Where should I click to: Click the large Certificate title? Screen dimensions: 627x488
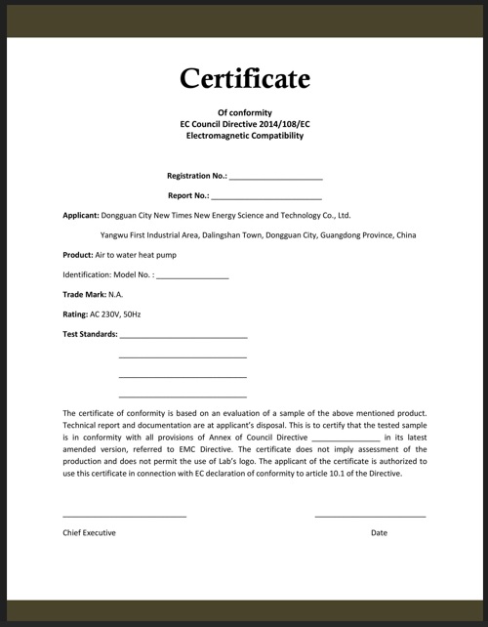(244, 77)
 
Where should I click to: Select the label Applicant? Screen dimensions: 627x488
(80, 215)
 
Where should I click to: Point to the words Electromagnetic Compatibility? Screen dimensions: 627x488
(244, 136)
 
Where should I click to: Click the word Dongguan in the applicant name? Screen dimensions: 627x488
(122, 215)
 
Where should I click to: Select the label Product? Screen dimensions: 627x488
(77, 255)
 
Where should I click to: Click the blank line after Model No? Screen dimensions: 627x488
(192, 278)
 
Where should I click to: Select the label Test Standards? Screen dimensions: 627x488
(90, 334)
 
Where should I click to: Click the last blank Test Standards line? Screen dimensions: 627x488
(183, 396)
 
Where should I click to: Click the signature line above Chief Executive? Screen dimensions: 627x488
(124, 515)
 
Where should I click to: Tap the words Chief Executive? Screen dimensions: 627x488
(89, 532)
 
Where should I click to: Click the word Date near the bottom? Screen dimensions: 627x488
(379, 532)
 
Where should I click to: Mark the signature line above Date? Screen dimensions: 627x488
(370, 515)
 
